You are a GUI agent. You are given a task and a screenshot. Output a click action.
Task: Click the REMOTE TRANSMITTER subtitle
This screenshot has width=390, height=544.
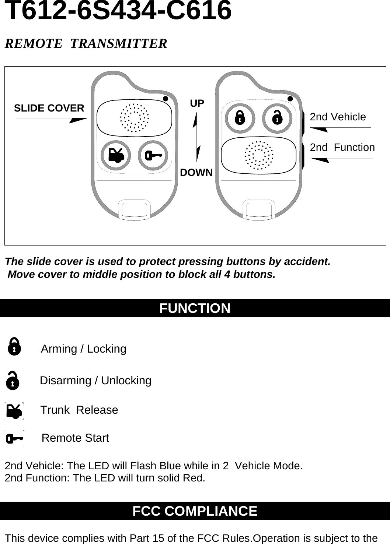point(86,43)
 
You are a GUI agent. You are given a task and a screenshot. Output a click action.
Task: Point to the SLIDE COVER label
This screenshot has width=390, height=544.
point(49,108)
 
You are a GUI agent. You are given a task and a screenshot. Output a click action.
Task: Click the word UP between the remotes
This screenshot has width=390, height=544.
point(197,104)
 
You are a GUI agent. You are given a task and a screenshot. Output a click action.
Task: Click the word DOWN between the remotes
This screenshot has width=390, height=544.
point(196,173)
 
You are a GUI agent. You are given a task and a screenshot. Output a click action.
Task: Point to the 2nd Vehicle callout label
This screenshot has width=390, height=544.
point(338,117)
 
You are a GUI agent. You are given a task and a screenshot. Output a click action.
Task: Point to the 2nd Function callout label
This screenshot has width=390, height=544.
point(342,148)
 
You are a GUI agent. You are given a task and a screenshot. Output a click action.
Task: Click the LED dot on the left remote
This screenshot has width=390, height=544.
point(166,99)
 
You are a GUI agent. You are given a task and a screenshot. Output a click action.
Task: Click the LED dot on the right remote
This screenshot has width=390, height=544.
point(290,99)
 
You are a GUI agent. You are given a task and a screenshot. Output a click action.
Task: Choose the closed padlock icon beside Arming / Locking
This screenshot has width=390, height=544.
point(14,347)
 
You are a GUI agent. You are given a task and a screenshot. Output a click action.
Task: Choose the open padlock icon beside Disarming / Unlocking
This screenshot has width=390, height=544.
point(13,381)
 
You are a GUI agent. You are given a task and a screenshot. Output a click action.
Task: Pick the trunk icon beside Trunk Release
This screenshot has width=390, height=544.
point(14,411)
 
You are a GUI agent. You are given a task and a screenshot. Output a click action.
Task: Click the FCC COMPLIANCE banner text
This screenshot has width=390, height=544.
point(195,511)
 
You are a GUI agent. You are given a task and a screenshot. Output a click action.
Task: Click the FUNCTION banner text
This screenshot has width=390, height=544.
point(195,308)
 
